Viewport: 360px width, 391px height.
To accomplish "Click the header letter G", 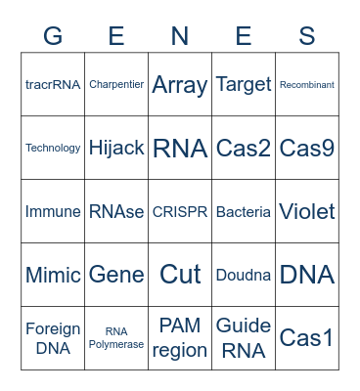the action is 53,36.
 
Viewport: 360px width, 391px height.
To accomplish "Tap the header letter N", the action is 180,36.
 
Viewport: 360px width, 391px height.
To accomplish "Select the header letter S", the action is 307,36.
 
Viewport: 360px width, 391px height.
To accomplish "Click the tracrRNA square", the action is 53,85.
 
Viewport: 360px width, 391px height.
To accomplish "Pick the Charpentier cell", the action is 116,85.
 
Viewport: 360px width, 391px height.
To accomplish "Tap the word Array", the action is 180,85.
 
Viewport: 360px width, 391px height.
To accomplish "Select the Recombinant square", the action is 307,85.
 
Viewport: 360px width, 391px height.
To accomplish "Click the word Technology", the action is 53,149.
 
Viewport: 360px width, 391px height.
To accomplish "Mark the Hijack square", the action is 116,149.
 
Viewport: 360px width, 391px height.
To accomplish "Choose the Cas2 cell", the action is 244,149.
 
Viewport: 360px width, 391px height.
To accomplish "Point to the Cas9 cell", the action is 307,149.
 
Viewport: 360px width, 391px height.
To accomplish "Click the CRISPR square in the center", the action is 180,212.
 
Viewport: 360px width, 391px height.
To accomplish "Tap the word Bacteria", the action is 244,212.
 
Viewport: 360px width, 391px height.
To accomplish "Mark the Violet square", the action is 307,212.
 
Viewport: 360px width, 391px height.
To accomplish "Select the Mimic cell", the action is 53,275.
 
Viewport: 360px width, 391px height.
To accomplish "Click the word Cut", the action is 180,275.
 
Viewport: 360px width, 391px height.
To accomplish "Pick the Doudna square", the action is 244,275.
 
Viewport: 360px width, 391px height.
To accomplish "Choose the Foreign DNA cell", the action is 53,338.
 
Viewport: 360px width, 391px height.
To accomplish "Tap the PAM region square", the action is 180,338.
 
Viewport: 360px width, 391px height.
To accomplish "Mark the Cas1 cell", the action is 307,338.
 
